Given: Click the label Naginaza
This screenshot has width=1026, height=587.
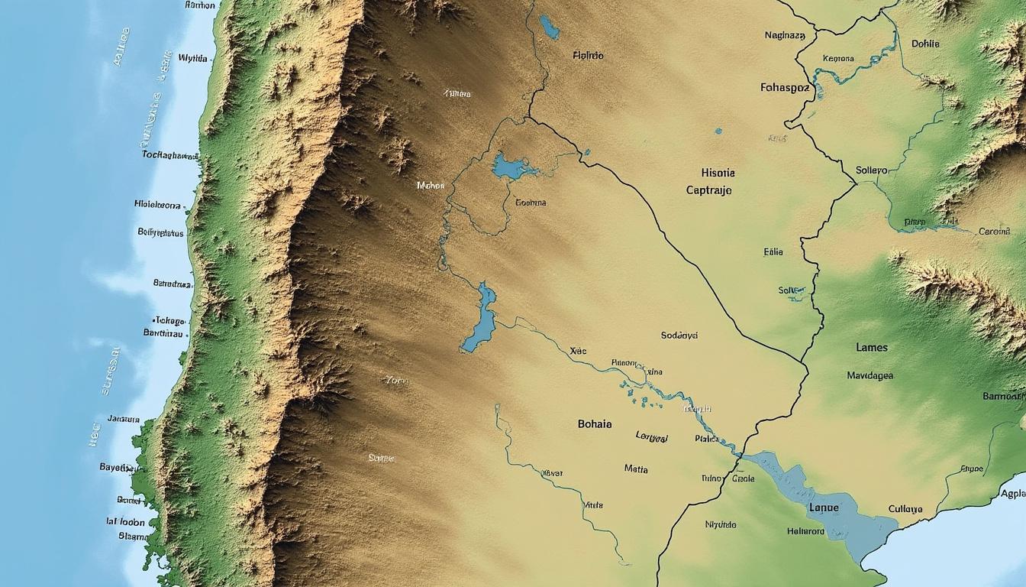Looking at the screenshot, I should coord(785,35).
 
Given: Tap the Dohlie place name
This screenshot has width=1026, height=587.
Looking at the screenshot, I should coord(925,44).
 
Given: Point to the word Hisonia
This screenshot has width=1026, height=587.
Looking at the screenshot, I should coord(718,173).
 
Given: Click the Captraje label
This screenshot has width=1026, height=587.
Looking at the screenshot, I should coord(709,190).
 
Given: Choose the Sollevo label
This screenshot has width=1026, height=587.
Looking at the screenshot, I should coord(872,170).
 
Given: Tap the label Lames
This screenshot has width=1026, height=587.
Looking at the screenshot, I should coord(872,347).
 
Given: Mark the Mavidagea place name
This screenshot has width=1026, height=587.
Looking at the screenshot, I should coord(870,375).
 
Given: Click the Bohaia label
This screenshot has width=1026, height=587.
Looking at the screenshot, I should coord(595,423).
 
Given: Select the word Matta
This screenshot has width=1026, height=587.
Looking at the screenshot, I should coord(636,469).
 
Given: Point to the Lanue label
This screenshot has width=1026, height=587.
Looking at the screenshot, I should coord(823,508).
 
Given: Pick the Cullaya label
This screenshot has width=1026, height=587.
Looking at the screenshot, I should coord(905,508).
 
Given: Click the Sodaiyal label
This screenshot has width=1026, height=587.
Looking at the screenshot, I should coord(679,335).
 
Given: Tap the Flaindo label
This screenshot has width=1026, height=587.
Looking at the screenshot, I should coord(588,55).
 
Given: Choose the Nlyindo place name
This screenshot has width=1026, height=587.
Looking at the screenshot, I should coord(721,525).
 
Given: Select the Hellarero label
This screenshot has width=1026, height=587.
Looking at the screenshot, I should coord(805,531).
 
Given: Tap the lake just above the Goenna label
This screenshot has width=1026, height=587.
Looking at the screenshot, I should coord(508,167).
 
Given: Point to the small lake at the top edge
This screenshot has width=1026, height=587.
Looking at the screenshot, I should coord(548,28).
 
